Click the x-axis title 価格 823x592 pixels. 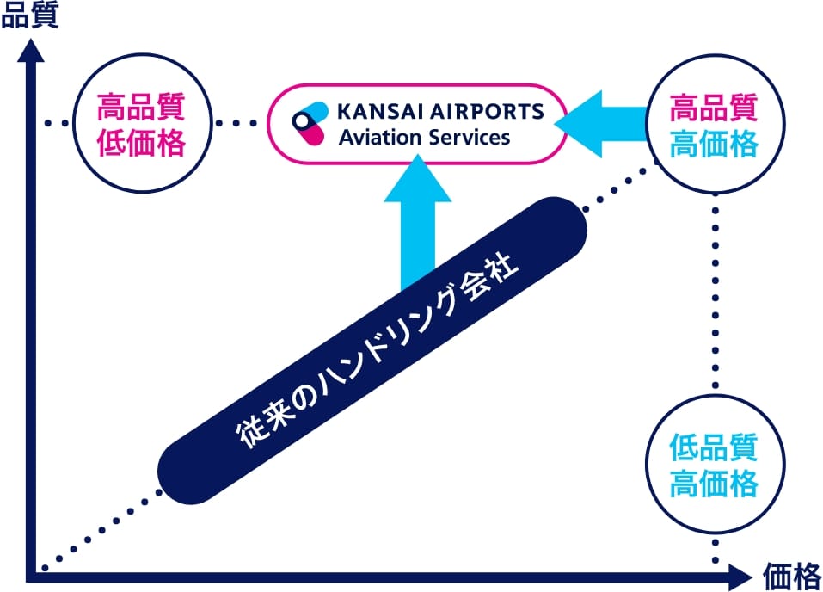[x=790, y=576]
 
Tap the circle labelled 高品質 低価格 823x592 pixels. [x=141, y=124]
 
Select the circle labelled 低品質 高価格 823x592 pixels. [x=714, y=466]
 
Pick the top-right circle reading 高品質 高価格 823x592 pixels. [x=714, y=126]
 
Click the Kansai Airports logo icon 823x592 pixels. [x=309, y=125]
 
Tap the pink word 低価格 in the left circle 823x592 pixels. [x=141, y=142]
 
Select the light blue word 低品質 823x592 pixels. [x=714, y=448]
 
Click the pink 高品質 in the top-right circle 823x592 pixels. [x=714, y=109]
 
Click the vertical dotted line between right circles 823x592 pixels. [x=715, y=293]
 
